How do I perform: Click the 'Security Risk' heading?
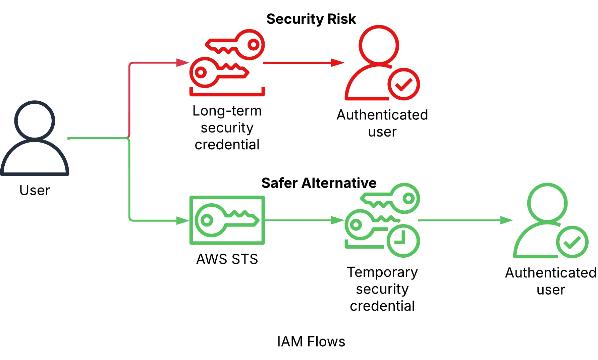pos(311,19)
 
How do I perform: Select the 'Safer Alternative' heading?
pos(319,183)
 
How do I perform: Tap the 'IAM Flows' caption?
pos(311,342)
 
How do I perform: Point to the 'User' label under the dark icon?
pos(35,190)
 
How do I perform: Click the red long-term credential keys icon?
pos(227,62)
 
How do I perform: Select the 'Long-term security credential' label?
pos(227,128)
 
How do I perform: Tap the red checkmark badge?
pos(403,84)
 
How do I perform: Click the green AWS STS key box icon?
pos(227,220)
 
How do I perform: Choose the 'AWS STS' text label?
pos(227,259)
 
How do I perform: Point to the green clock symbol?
pos(403,241)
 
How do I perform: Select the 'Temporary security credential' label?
pos(382,289)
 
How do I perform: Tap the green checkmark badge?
pos(572,242)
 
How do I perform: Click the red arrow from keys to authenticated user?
pos(304,63)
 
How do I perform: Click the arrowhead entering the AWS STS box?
pos(183,220)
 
